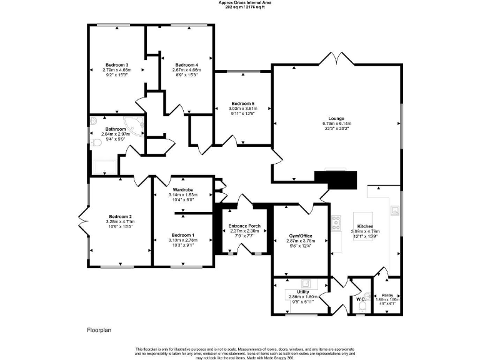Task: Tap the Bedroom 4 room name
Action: click(186, 65)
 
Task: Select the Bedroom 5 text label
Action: click(243, 103)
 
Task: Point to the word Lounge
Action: click(337, 118)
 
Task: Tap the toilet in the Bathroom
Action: click(94, 144)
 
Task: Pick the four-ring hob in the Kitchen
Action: click(336, 221)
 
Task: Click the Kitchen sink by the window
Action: click(395, 210)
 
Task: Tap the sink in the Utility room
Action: click(305, 282)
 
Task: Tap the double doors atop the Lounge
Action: click(336, 58)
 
